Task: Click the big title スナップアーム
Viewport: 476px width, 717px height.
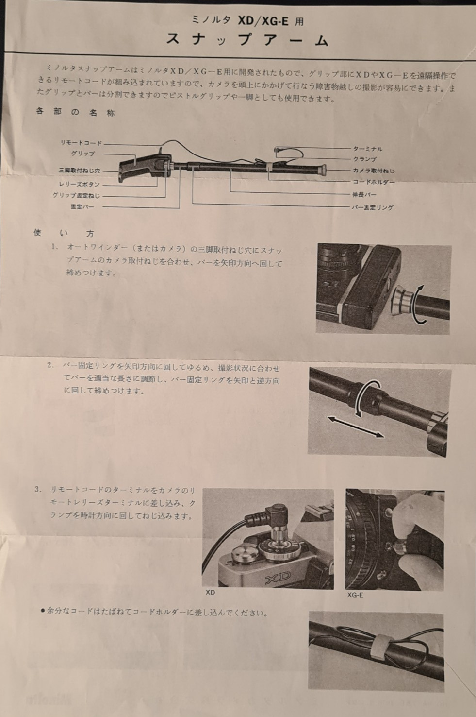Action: coord(247,40)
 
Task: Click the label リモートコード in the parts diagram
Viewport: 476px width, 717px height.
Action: coord(81,143)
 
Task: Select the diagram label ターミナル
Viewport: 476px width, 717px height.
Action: coord(368,149)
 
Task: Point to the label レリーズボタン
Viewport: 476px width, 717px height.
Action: coord(79,185)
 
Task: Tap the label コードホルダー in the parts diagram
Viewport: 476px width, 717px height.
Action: coord(374,182)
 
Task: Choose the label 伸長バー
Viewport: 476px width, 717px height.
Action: coord(364,195)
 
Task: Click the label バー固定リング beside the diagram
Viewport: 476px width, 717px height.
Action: coord(373,207)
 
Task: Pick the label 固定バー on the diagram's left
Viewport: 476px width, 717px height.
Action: coord(82,207)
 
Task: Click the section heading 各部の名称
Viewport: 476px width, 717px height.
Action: coord(75,112)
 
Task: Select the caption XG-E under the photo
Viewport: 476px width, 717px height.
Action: coord(355,595)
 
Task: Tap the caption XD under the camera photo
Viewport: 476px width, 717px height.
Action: coord(211,593)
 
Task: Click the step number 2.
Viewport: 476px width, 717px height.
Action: coord(50,365)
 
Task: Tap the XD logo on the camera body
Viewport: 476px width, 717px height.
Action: coord(278,575)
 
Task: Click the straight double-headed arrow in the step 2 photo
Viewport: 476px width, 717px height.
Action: coord(355,427)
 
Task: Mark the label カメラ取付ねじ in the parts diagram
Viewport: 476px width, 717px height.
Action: coord(374,171)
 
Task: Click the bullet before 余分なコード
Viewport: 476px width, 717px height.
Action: coord(43,611)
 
